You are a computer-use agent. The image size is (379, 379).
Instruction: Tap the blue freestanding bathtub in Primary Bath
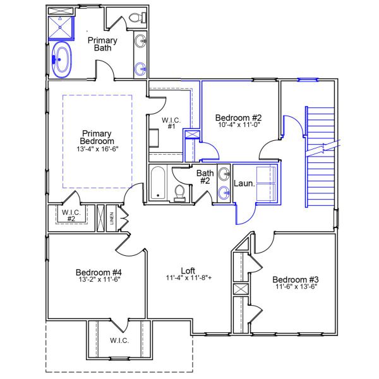(62, 60)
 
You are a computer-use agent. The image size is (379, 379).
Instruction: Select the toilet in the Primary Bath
(137, 21)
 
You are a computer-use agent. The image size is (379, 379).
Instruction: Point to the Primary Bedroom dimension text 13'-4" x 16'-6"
(97, 149)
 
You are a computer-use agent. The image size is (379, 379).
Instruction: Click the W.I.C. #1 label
(170, 123)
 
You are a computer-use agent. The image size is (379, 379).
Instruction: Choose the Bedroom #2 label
(238, 117)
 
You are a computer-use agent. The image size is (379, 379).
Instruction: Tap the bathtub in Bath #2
(158, 184)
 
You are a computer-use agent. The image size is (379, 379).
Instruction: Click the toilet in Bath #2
(180, 192)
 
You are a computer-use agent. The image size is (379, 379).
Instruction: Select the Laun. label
(244, 184)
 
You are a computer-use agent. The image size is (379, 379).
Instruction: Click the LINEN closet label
(112, 219)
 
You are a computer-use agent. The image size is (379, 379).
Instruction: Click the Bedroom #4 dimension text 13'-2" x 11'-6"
(98, 280)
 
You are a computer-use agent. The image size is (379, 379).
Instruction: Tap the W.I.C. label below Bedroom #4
(119, 340)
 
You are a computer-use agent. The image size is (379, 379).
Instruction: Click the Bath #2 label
(205, 177)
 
